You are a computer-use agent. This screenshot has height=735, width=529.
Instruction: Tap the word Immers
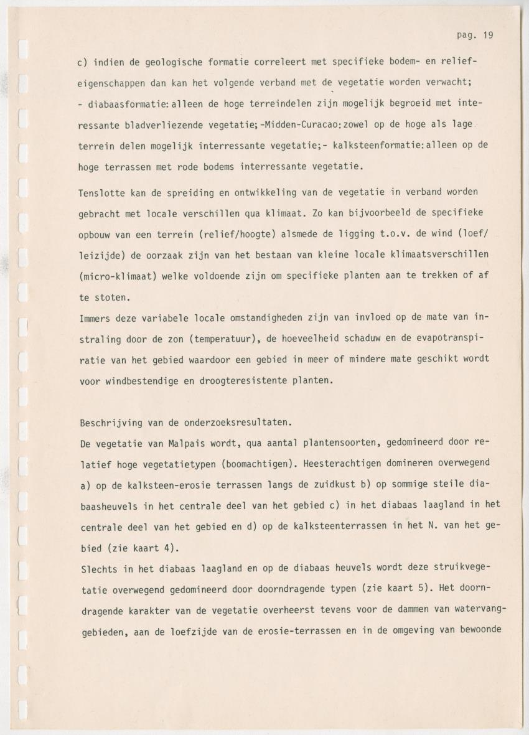click(x=95, y=318)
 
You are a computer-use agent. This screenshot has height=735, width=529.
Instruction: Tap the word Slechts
click(x=98, y=570)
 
